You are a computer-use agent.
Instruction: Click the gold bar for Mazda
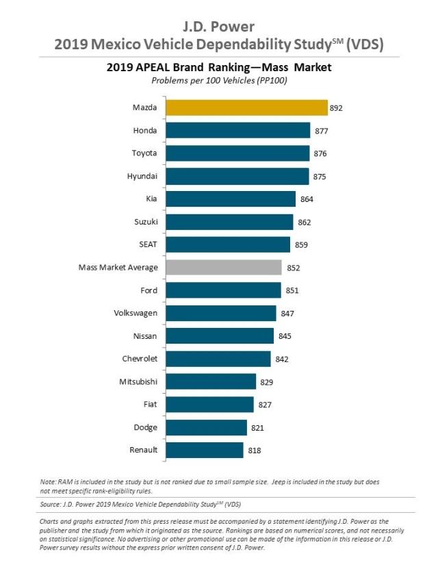(x=246, y=107)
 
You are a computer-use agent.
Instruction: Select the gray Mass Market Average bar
(x=223, y=267)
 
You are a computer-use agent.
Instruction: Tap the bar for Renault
(x=205, y=450)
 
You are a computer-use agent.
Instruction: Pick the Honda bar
(x=237, y=130)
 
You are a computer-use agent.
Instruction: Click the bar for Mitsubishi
(x=211, y=381)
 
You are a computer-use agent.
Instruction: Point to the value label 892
(x=335, y=107)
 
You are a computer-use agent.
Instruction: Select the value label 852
(x=292, y=268)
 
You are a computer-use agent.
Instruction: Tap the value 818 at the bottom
(x=254, y=450)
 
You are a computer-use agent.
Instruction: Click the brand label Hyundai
(x=142, y=176)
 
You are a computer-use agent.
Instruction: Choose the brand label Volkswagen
(x=136, y=313)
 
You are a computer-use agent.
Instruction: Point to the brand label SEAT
(x=147, y=244)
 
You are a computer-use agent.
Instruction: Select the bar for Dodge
(x=206, y=427)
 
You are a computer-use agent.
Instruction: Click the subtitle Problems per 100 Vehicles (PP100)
(x=219, y=80)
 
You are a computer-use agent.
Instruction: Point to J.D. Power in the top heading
(x=219, y=27)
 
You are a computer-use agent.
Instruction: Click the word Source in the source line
(x=54, y=504)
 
